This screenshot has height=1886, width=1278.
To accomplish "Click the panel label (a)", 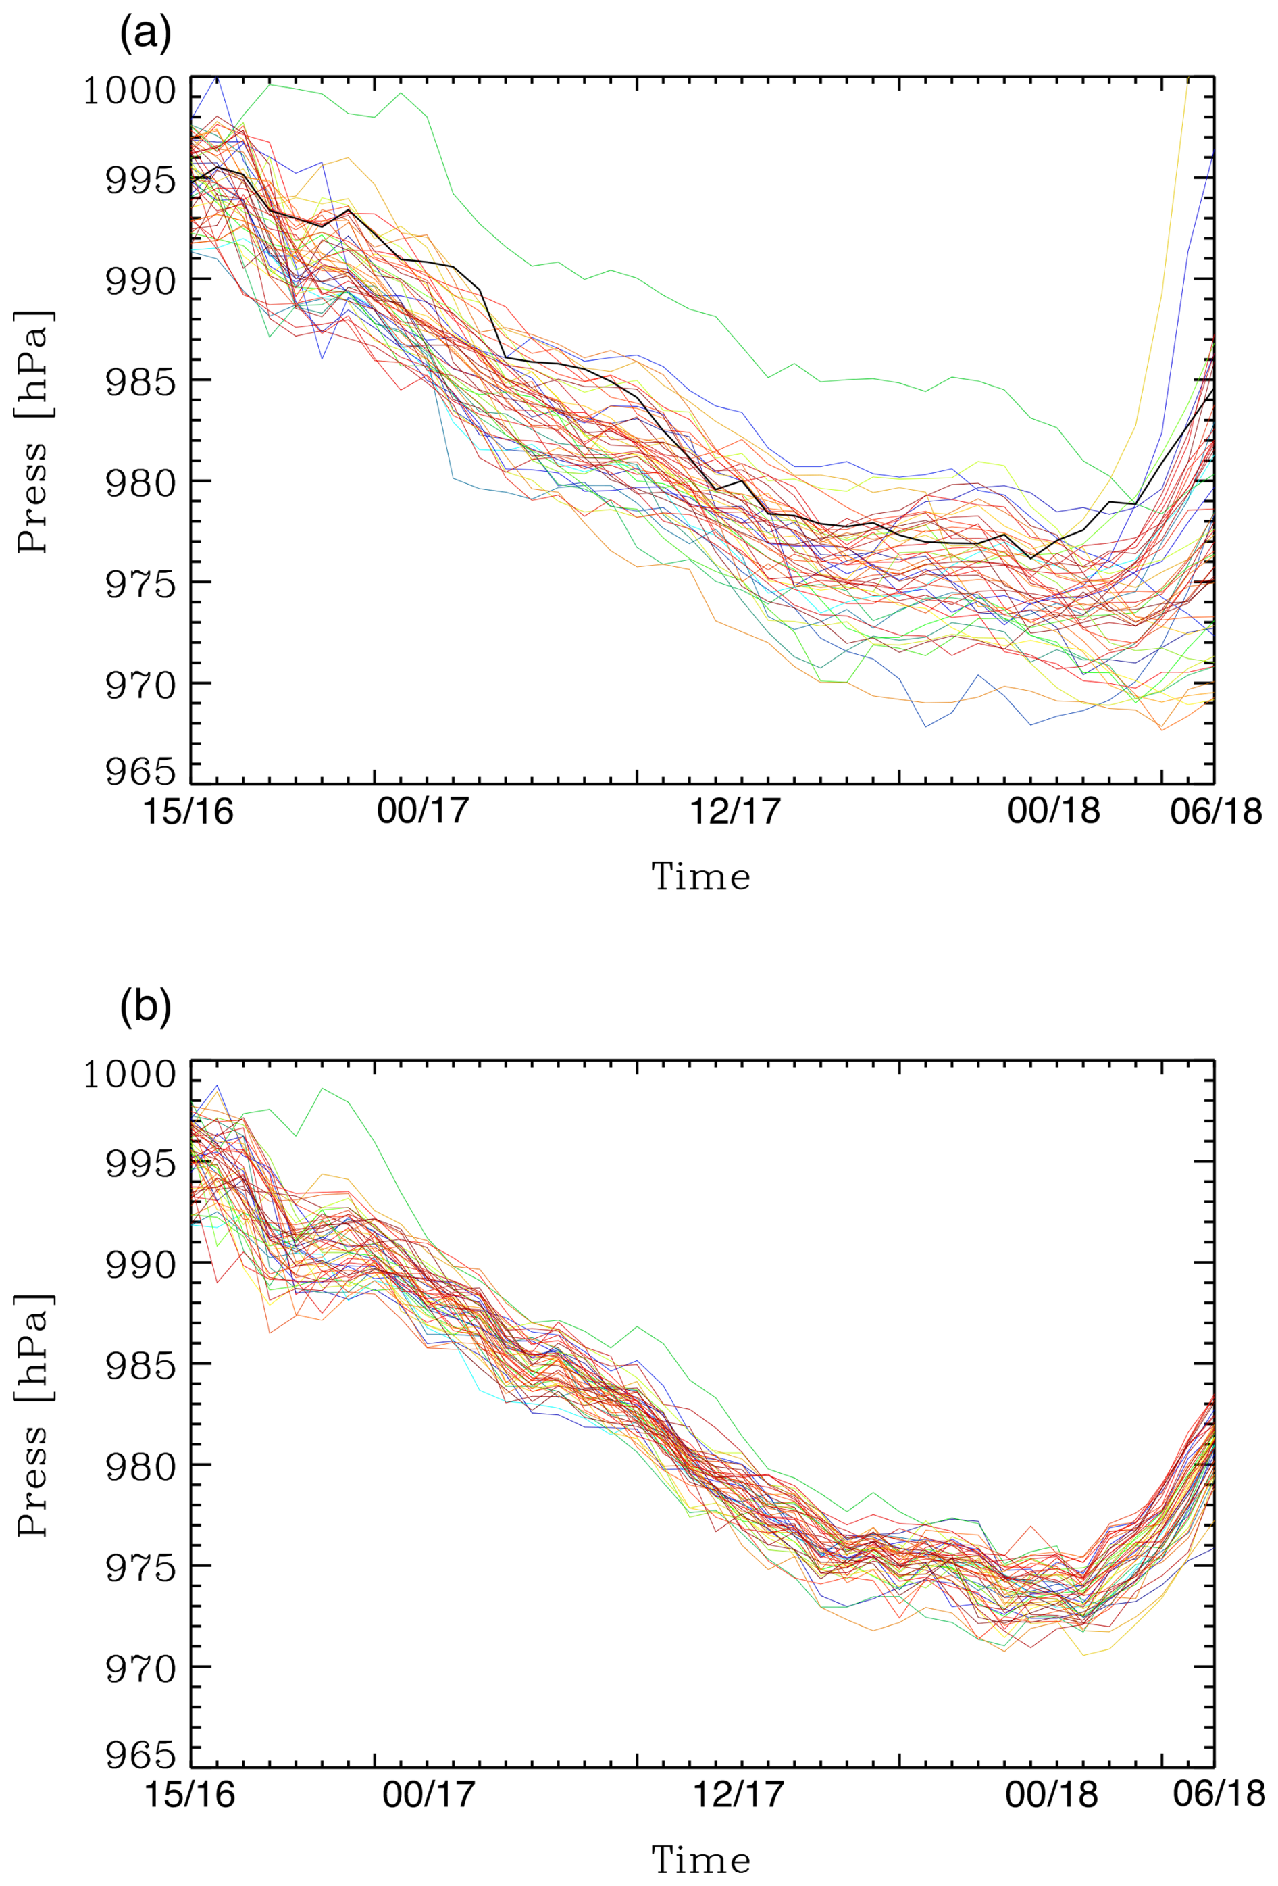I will point(145,36).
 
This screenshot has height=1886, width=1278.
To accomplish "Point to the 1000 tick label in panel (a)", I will point(130,91).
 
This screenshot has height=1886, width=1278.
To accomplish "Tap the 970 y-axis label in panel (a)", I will point(140,684).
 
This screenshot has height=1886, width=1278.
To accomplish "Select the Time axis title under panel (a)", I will point(701,877).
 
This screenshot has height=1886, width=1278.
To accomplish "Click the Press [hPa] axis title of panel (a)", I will point(34,431).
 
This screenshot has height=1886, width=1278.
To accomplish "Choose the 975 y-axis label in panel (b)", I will point(140,1567).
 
